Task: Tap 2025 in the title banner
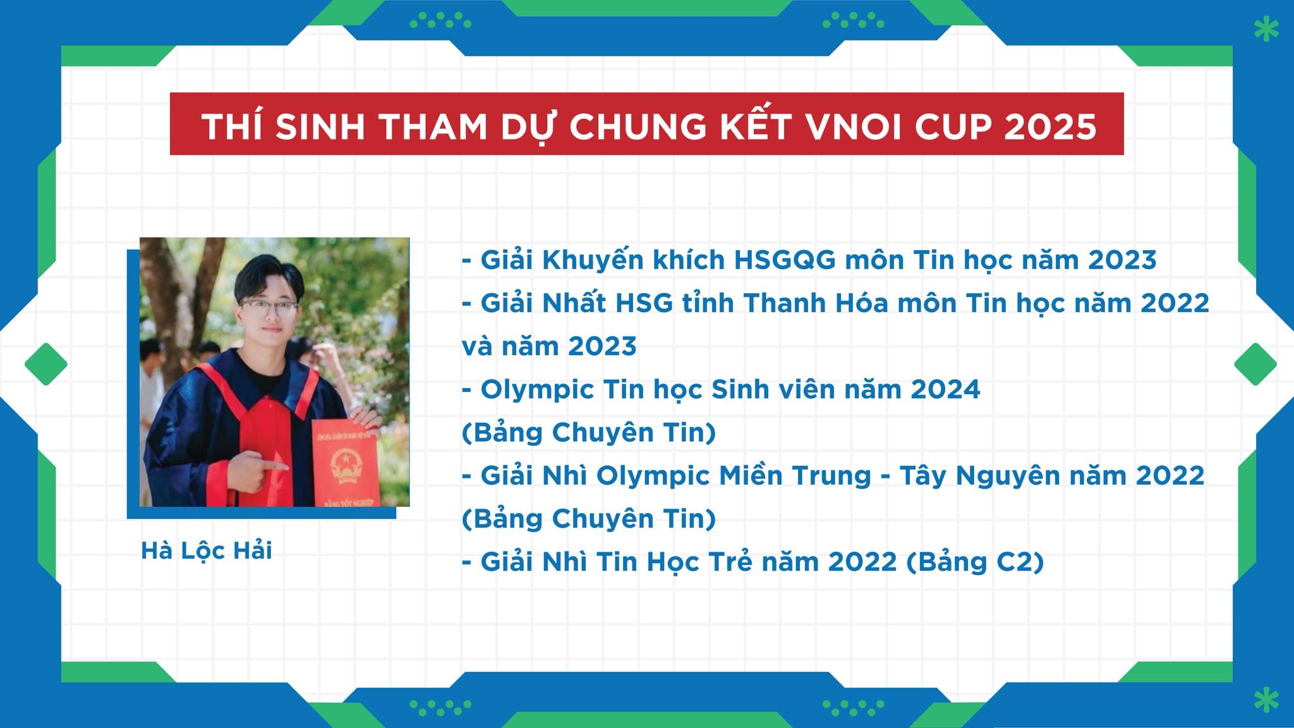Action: click(x=1049, y=127)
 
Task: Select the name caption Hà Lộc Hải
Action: click(x=207, y=550)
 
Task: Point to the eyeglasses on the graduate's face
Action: click(x=268, y=310)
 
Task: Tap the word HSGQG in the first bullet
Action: click(x=784, y=260)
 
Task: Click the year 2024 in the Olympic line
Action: click(x=945, y=389)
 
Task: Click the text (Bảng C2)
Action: click(x=975, y=562)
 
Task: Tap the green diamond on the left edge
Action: click(x=46, y=364)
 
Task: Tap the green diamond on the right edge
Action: click(x=1255, y=364)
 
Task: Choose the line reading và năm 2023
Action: click(x=549, y=346)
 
